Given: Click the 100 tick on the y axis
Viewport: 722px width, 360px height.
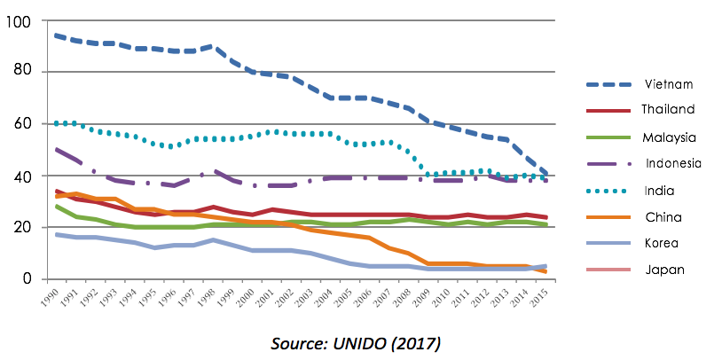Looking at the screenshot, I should point(18,20).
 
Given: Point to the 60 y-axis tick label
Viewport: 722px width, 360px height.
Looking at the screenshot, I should point(22,123).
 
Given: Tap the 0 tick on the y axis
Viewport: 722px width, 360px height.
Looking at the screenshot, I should point(27,278).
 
